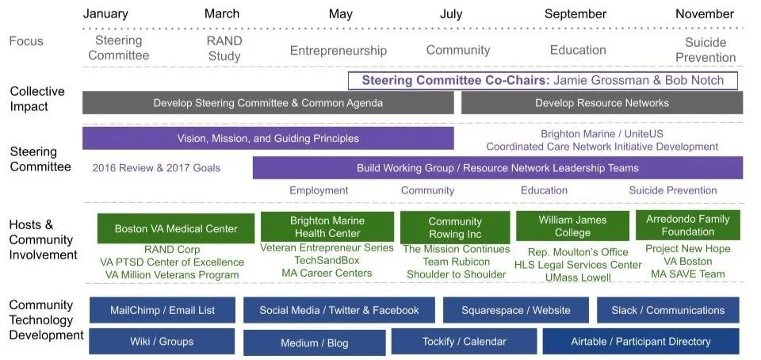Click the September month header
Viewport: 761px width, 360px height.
point(575,13)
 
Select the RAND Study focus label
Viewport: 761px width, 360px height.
point(224,48)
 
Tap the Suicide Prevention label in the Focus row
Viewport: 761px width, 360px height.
point(706,49)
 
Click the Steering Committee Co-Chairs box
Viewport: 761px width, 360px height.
point(542,80)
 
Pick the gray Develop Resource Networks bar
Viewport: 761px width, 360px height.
point(602,103)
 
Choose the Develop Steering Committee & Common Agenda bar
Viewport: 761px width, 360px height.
point(268,103)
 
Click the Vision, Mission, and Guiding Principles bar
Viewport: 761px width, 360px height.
point(268,139)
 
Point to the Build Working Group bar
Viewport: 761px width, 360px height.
point(497,168)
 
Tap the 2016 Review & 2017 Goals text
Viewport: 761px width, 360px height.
point(156,168)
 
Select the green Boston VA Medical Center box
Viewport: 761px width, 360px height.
point(176,229)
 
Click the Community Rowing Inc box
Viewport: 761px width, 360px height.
point(454,228)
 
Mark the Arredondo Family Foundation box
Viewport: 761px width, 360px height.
point(687,225)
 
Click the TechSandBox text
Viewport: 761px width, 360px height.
point(327,260)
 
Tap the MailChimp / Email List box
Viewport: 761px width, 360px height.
point(162,310)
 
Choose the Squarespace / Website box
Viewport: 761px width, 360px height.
point(515,310)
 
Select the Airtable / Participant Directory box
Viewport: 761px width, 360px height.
point(641,342)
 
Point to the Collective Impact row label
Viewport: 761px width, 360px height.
point(37,99)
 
